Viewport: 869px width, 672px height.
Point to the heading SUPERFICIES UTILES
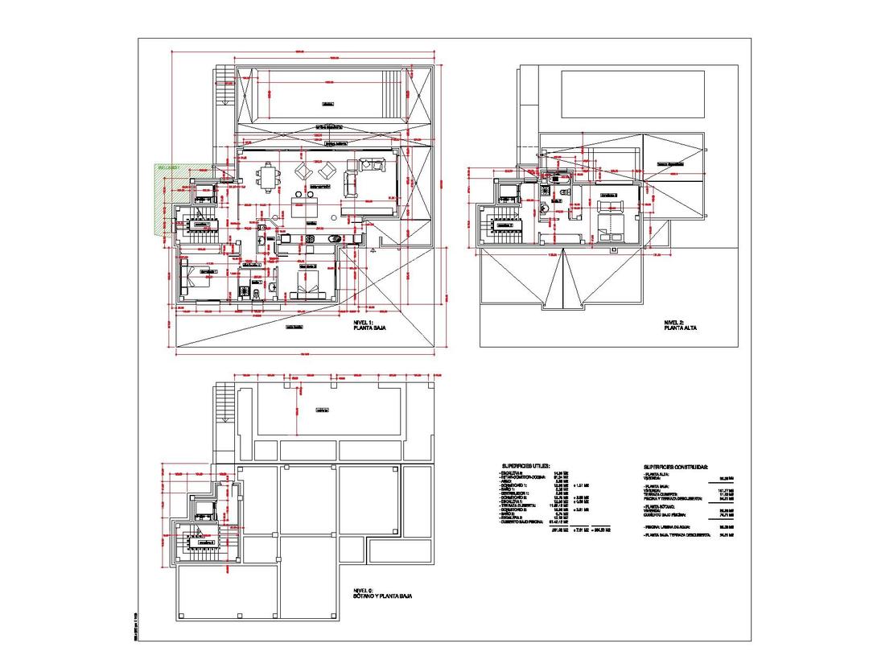click(525, 466)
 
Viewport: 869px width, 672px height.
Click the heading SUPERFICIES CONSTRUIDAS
click(675, 466)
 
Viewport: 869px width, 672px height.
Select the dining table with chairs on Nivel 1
click(267, 178)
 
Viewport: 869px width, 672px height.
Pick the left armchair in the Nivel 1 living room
click(306, 171)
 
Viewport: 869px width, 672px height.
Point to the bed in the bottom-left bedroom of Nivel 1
click(189, 278)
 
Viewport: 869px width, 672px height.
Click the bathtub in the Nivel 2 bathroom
click(509, 192)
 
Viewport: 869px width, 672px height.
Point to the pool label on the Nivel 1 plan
click(327, 104)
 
